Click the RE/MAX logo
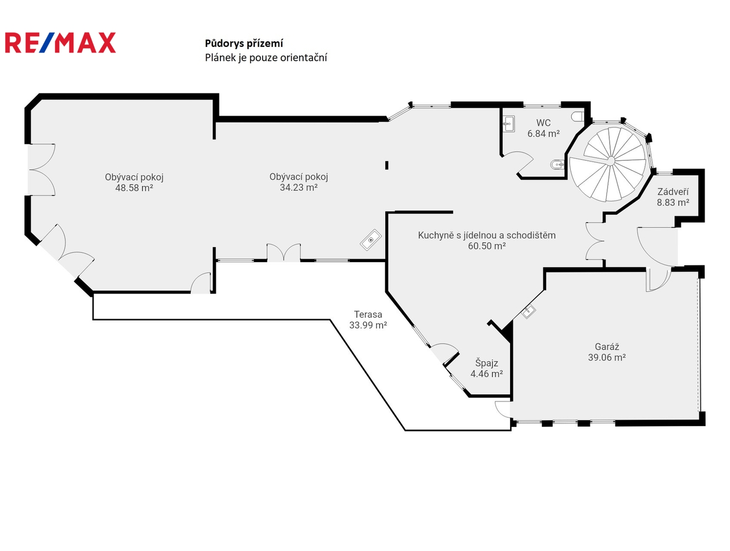tap(60, 42)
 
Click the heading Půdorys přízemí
tap(244, 43)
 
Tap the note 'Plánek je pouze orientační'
tap(266, 58)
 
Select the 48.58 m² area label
tap(134, 188)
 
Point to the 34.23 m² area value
tap(298, 188)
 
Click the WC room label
tap(543, 123)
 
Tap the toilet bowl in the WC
tap(577, 116)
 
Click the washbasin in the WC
tap(509, 123)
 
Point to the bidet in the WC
tap(558, 164)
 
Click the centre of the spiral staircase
tap(611, 161)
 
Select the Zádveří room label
tap(673, 191)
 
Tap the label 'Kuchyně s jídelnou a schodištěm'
tap(487, 235)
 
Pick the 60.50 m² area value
tap(487, 246)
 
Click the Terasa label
tap(368, 314)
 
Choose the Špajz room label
tap(486, 363)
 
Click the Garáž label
tap(607, 347)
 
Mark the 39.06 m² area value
tap(607, 358)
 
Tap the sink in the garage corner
tap(528, 311)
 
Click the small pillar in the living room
tap(387, 165)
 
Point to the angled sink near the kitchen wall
tap(370, 240)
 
